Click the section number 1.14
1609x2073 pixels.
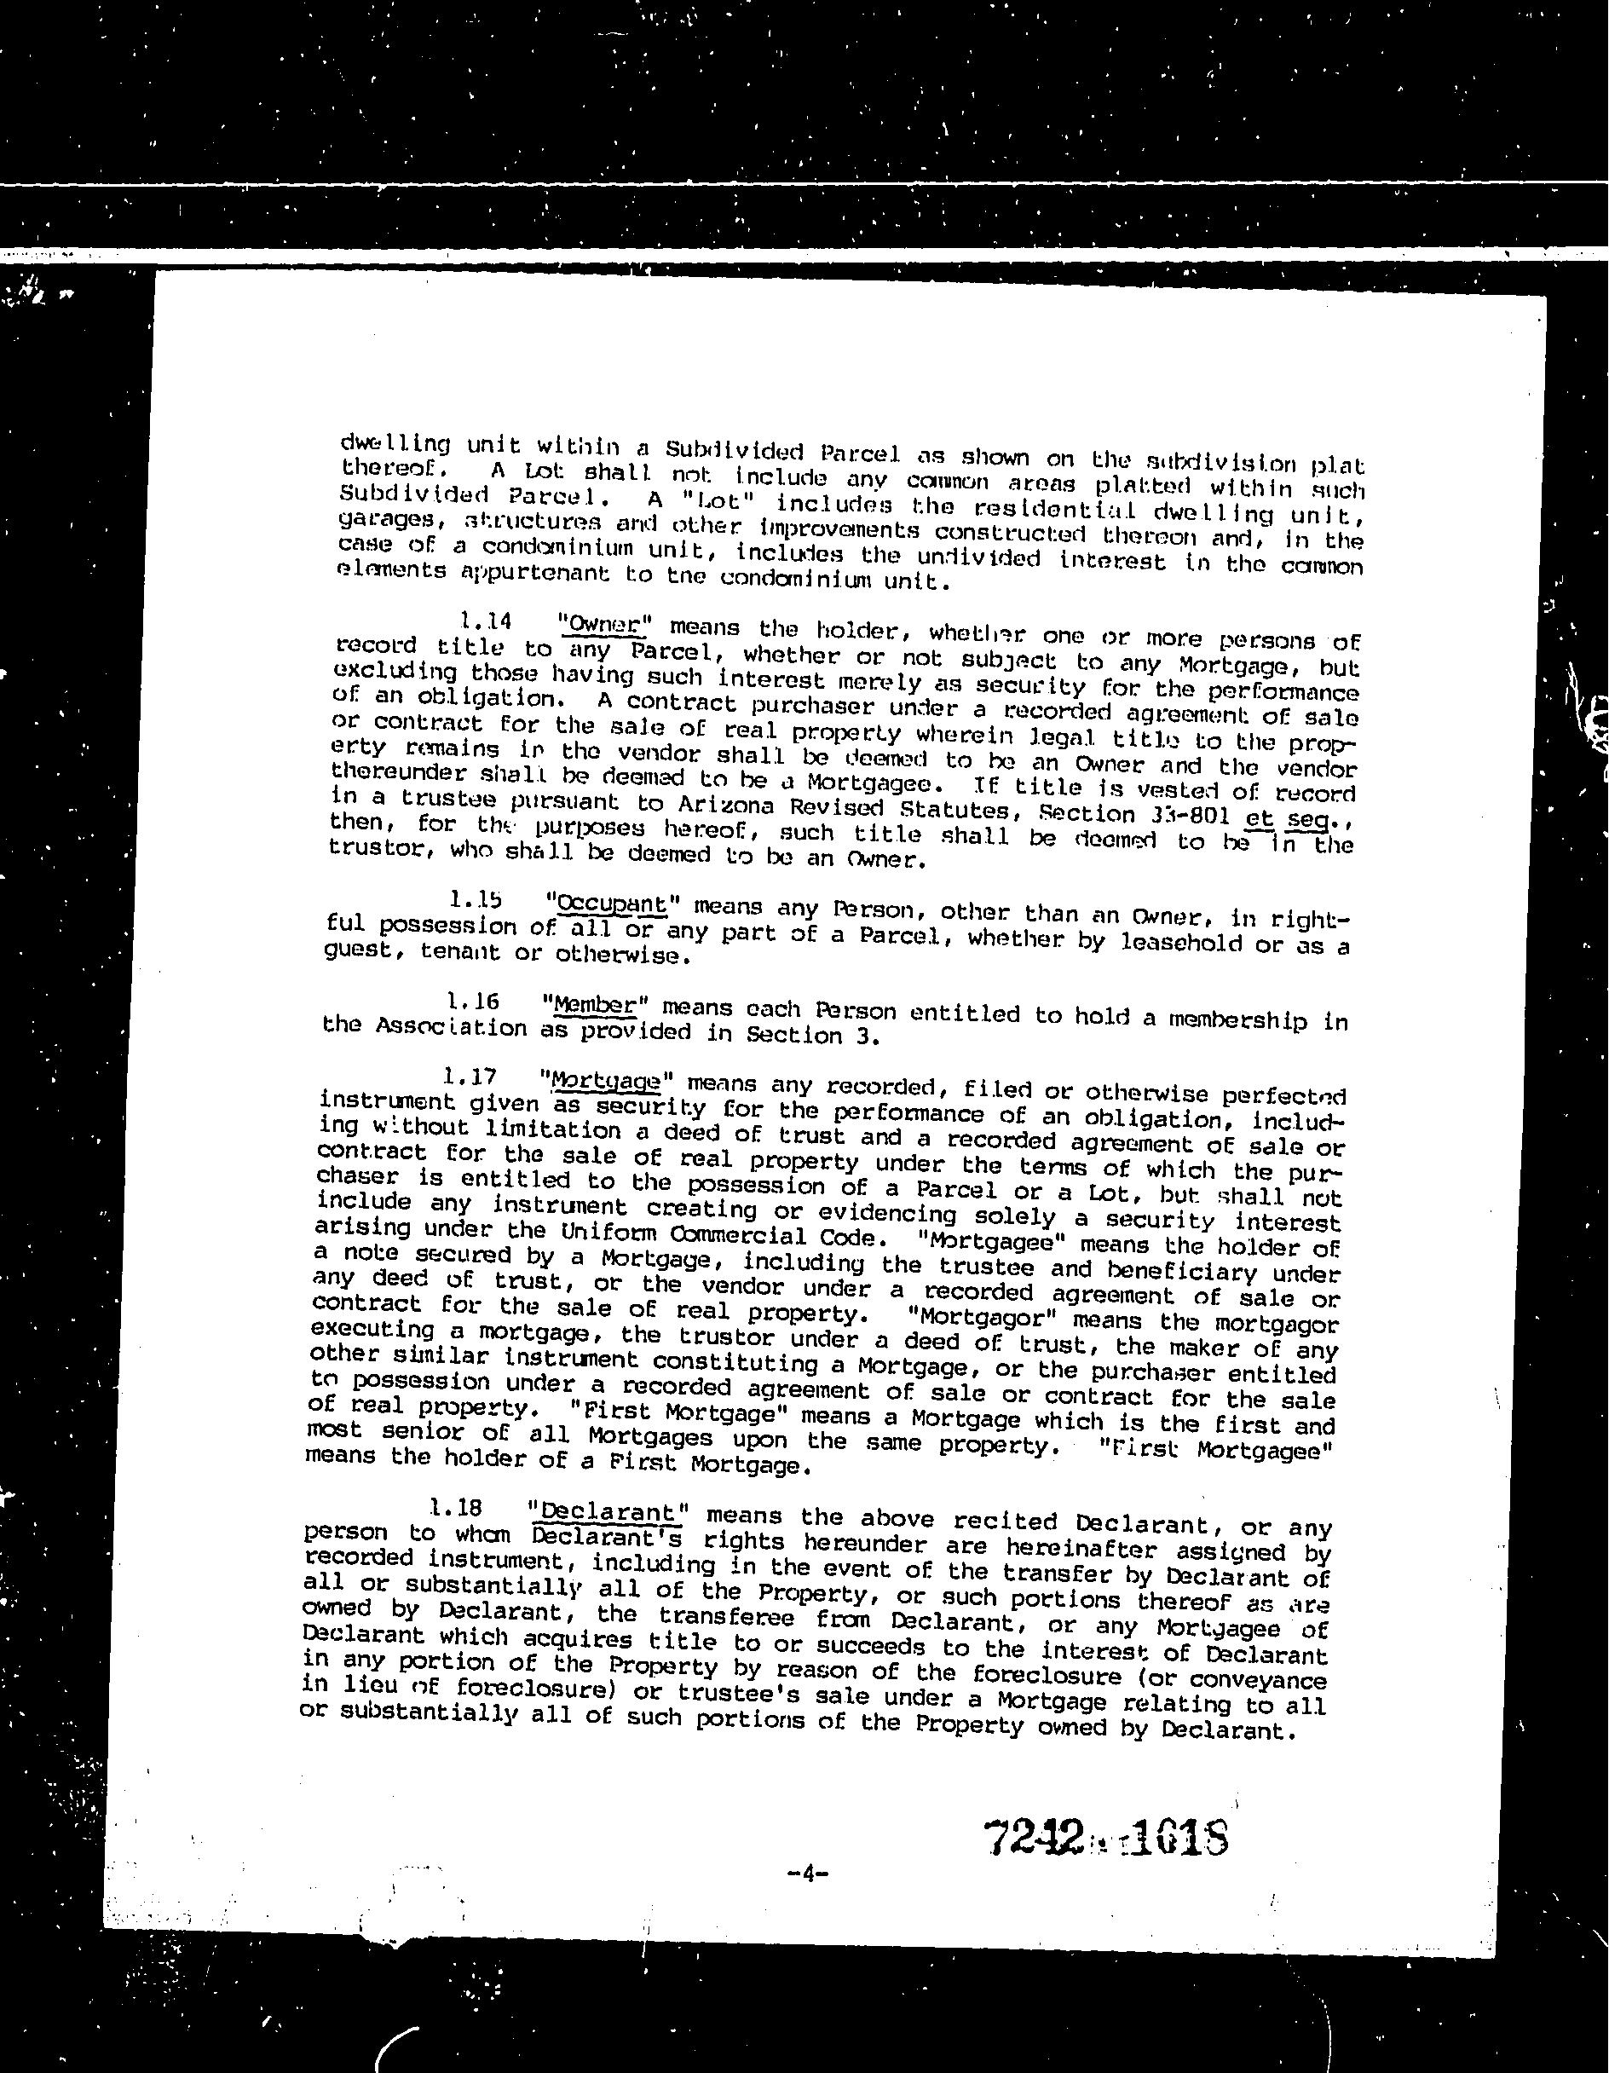pos(486,621)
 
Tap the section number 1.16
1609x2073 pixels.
pos(473,1002)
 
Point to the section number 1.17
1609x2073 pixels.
pos(469,1077)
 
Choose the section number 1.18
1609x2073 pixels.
pos(456,1508)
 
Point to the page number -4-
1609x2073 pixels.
pos(808,1874)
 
